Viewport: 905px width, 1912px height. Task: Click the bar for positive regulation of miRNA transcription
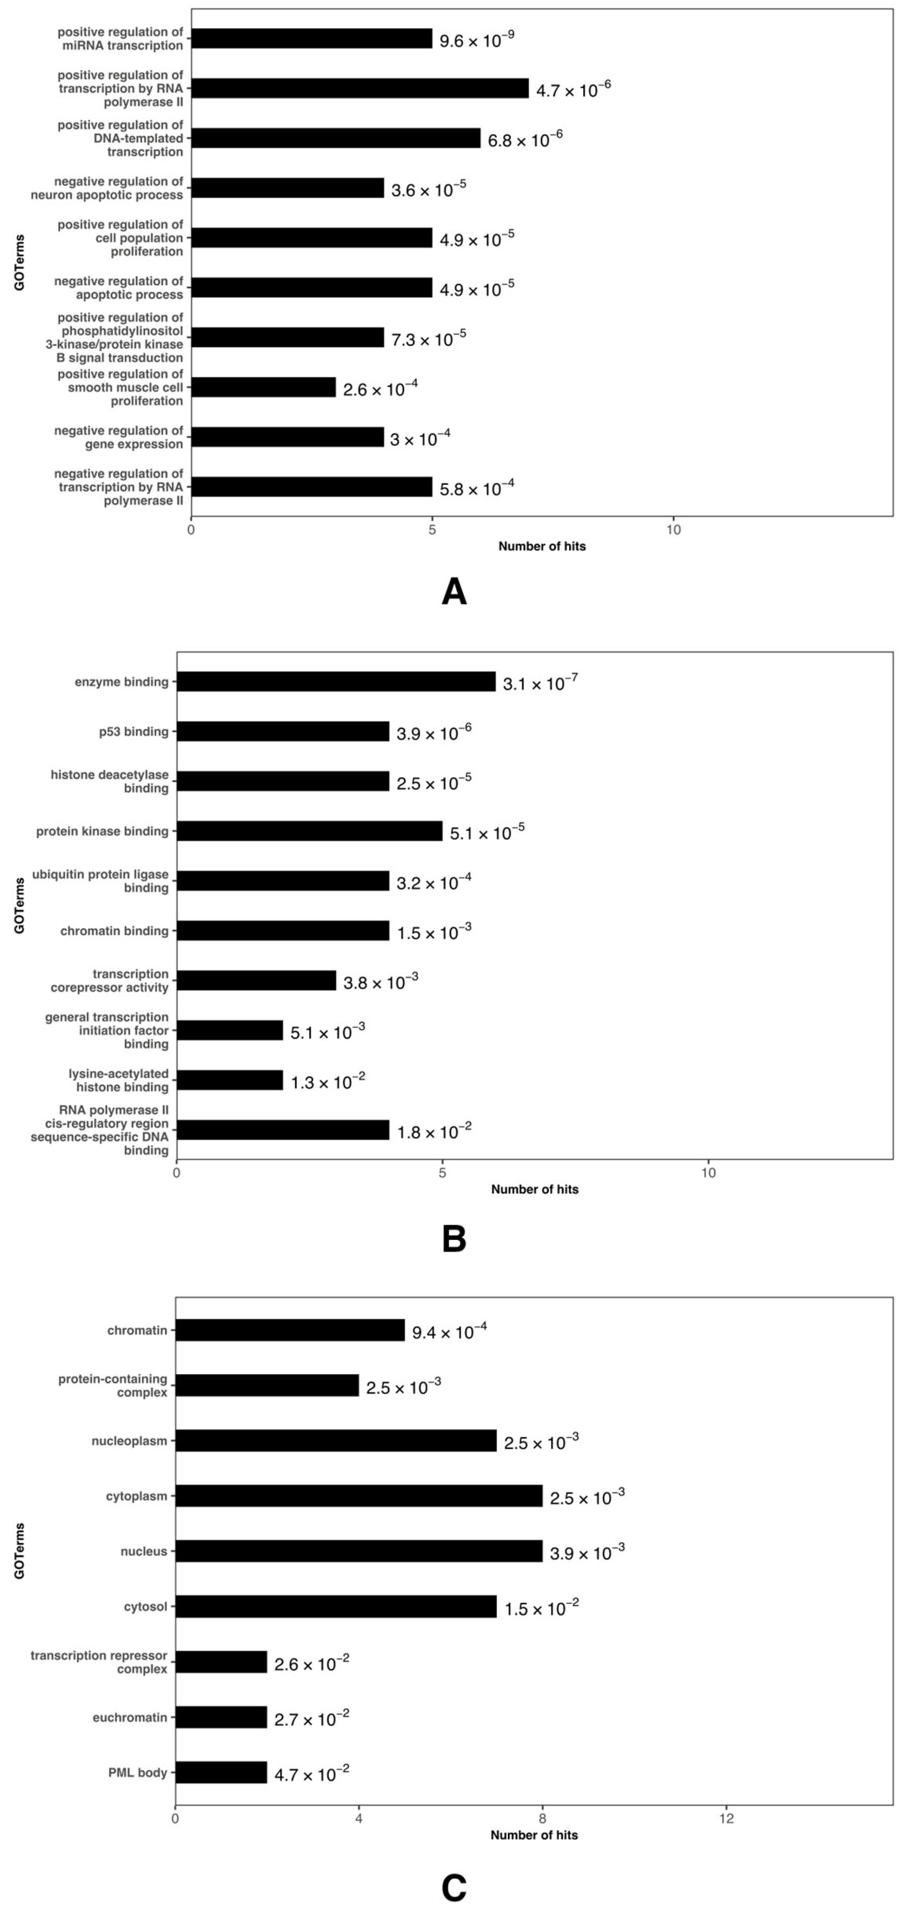[x=311, y=39]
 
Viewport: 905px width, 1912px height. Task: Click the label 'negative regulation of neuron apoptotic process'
[x=118, y=188]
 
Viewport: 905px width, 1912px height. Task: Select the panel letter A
[x=454, y=592]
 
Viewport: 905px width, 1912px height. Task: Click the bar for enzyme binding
[x=335, y=681]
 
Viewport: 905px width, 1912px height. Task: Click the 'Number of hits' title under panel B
[x=534, y=1189]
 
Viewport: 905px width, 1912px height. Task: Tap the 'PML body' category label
[x=137, y=1773]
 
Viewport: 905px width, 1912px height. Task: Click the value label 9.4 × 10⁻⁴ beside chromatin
[x=449, y=1332]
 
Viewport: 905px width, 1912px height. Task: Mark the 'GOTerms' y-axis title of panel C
[x=19, y=1551]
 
